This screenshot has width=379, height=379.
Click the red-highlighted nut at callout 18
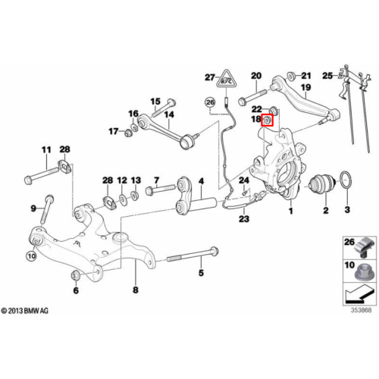[x=268, y=120]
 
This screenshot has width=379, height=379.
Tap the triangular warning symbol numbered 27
[x=227, y=80]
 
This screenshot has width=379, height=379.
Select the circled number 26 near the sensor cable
[x=210, y=102]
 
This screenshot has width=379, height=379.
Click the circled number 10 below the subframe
[x=31, y=256]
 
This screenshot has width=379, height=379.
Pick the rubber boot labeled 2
[x=322, y=183]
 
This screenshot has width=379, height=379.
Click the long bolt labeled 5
[x=193, y=255]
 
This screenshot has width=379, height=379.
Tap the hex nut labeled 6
[x=76, y=275]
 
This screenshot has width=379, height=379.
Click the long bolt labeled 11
[x=42, y=174]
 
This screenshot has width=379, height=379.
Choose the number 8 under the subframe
[x=136, y=290]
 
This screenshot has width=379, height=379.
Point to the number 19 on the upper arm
[x=306, y=87]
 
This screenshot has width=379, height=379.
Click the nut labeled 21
[x=291, y=76]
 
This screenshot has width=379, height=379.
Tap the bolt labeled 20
[x=252, y=97]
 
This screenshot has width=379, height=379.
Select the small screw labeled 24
[x=245, y=193]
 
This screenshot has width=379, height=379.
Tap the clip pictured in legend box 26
[x=365, y=247]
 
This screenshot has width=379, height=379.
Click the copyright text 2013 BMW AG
[x=24, y=311]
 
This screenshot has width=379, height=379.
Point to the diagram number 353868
[x=361, y=310]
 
